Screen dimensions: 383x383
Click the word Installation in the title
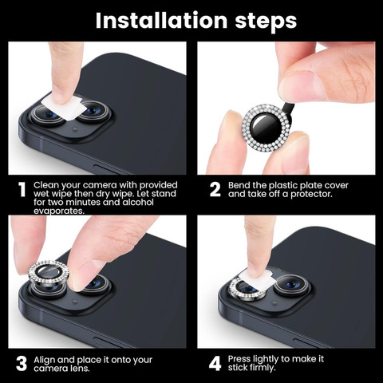tap(161, 21)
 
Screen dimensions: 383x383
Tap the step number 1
tap(22, 190)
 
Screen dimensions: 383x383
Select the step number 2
tap(215, 190)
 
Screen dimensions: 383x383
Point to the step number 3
tap(22, 364)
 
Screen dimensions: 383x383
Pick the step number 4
tap(215, 364)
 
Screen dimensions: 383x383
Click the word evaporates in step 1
tap(59, 211)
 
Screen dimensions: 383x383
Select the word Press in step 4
tap(239, 359)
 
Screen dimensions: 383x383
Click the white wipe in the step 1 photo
tap(65, 108)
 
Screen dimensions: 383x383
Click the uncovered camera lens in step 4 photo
tap(291, 286)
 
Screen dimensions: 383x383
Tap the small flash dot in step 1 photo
tap(75, 129)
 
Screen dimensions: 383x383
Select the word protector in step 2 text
tap(311, 194)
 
